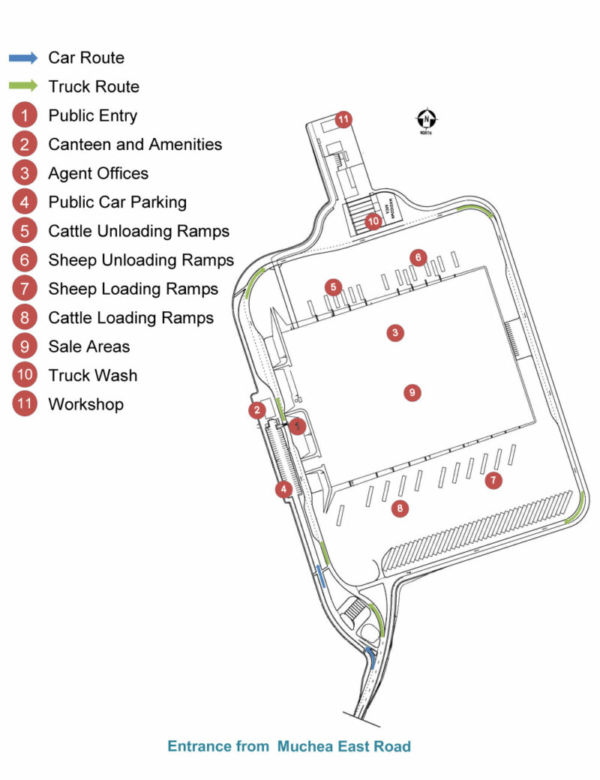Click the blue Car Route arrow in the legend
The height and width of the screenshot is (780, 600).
(23, 58)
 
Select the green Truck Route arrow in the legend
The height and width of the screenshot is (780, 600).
(23, 86)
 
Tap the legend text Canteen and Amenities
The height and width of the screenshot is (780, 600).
(135, 144)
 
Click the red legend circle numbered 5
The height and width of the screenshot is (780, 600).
(25, 231)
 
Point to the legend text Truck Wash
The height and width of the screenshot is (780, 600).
(93, 375)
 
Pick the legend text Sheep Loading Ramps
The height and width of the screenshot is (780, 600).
(133, 289)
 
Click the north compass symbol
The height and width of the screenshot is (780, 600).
(426, 119)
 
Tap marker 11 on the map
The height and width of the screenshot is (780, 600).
(343, 119)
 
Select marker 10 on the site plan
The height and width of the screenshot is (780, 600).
(373, 222)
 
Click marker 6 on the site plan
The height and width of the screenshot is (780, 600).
(418, 258)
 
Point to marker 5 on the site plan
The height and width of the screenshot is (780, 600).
(334, 286)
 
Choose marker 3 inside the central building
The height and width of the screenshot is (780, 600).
(394, 332)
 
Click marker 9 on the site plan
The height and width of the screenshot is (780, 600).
(410, 391)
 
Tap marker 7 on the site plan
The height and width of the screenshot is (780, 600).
(493, 481)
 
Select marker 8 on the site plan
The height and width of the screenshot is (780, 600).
(400, 508)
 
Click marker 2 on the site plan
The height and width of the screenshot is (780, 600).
(257, 409)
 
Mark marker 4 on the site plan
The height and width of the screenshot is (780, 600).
(283, 490)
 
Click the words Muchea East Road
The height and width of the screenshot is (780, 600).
(344, 746)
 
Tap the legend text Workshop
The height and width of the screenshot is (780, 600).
(86, 404)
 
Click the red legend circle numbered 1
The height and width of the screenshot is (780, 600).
(25, 115)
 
